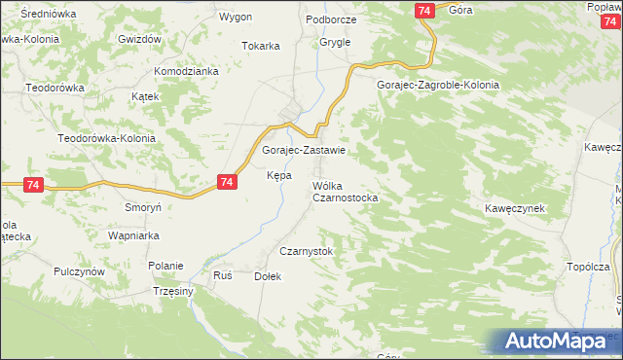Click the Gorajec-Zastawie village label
click(304, 151)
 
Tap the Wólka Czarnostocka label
click(345, 191)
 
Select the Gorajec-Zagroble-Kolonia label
click(438, 85)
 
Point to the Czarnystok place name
click(307, 251)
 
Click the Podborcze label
click(331, 19)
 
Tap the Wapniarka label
click(132, 236)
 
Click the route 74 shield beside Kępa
click(227, 182)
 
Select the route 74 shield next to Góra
click(423, 10)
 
